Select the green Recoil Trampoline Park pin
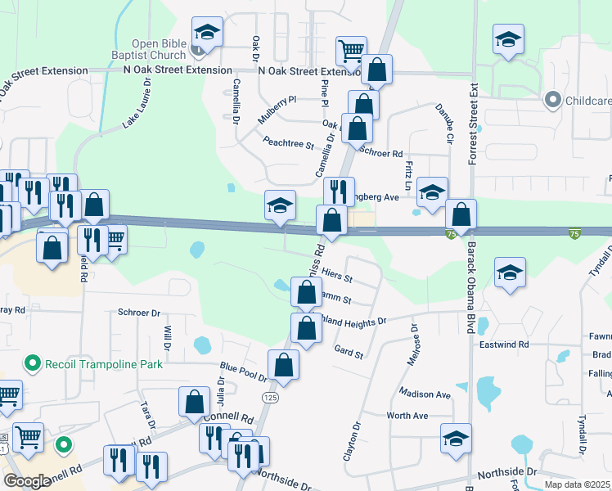coord(32,361)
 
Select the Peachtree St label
coord(288,143)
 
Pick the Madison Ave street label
coord(426,394)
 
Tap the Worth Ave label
coord(407,416)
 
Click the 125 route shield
coord(269,397)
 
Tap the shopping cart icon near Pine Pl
coord(351,52)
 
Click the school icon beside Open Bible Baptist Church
coord(207,34)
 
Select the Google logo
coord(27,481)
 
